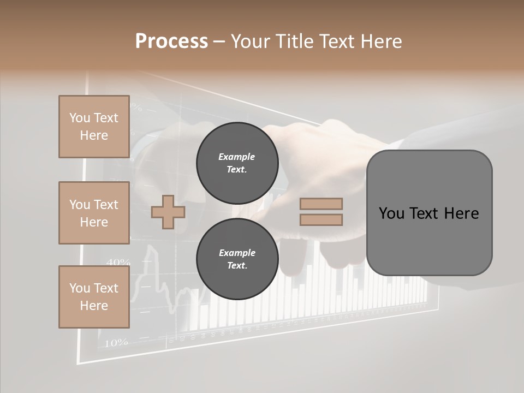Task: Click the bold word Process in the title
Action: [171, 41]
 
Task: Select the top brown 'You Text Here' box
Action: [94, 127]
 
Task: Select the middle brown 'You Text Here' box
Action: [94, 213]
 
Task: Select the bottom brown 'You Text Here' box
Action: [94, 297]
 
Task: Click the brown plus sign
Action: [168, 212]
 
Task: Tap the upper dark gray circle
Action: [237, 163]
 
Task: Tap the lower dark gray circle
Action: [237, 259]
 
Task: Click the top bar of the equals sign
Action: [321, 204]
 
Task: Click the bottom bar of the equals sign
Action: [321, 219]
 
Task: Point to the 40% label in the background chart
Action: [118, 263]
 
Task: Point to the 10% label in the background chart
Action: [116, 343]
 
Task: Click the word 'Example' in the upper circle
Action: [237, 157]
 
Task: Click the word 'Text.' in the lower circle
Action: [237, 266]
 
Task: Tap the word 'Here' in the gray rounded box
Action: [461, 213]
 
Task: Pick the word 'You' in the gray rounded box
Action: [392, 213]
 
